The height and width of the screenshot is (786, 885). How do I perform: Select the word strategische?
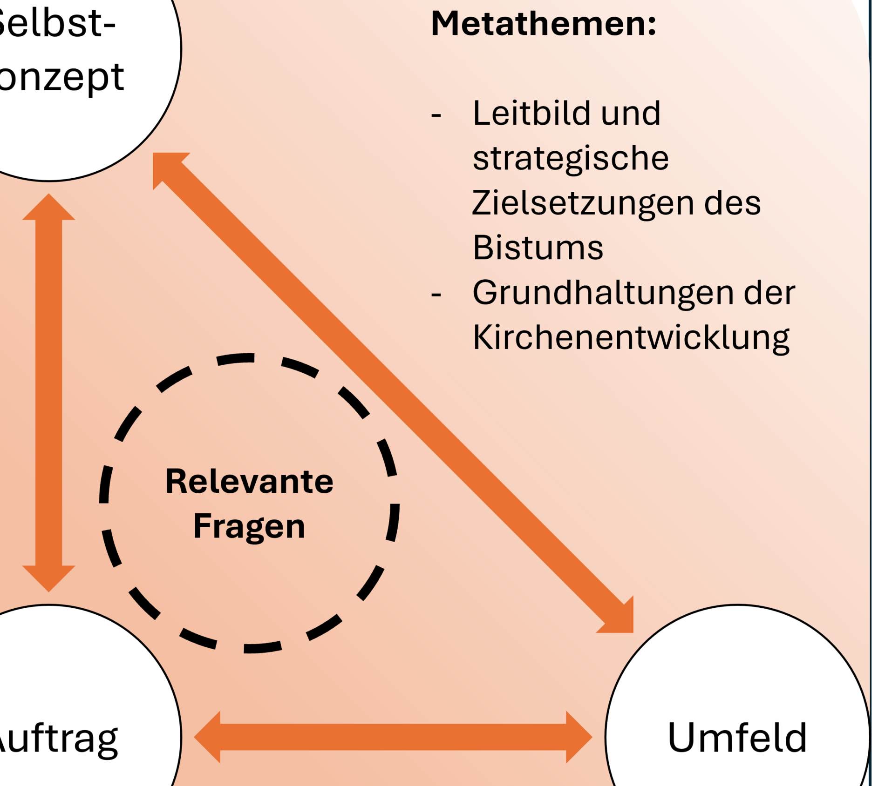click(x=571, y=158)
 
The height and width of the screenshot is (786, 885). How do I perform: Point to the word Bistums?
click(x=538, y=248)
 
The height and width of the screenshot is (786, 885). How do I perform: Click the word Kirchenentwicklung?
click(x=631, y=338)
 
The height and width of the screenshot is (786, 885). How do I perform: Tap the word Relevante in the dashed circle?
click(x=249, y=481)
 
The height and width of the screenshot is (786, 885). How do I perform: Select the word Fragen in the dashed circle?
click(x=249, y=526)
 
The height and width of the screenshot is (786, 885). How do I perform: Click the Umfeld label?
click(x=737, y=737)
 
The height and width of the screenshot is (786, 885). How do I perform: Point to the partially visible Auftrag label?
click(x=58, y=738)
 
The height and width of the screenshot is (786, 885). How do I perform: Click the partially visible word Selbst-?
click(x=56, y=23)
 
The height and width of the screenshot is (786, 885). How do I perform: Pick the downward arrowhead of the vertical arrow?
click(x=48, y=578)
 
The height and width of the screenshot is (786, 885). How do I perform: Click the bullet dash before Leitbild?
click(x=436, y=114)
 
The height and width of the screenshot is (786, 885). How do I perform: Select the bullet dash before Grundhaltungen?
click(x=436, y=294)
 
